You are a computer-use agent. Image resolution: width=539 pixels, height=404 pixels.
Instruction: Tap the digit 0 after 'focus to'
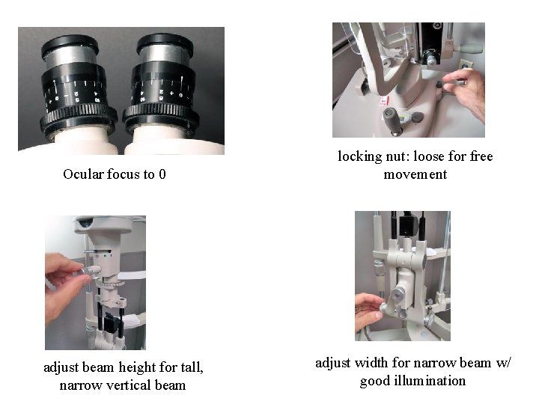162,174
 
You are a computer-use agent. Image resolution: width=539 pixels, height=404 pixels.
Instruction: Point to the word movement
415,174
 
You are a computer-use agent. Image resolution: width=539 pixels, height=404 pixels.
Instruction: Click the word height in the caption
138,368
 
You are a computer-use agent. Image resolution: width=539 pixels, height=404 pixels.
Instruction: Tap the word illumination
430,381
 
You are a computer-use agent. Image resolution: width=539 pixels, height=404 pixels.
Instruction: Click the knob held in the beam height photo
91,270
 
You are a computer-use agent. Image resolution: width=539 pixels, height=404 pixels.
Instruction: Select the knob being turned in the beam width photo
383,307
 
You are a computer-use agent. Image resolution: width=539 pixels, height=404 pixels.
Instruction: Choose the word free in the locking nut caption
481,156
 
